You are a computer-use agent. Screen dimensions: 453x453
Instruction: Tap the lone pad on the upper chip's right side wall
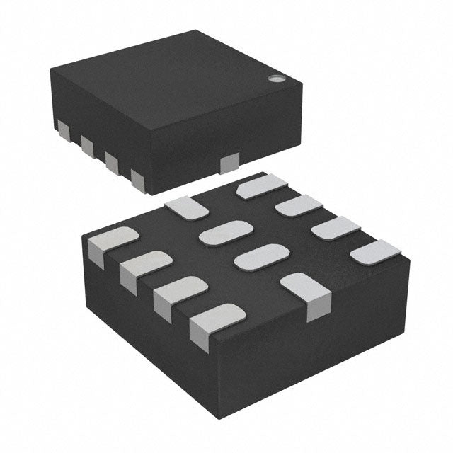[229, 165]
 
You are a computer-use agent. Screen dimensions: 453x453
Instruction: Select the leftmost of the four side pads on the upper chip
[64, 130]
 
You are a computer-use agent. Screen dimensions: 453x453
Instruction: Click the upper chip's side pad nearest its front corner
[137, 178]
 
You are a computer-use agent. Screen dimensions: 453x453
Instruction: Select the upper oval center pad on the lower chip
[225, 232]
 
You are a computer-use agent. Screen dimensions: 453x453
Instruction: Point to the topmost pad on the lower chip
[261, 186]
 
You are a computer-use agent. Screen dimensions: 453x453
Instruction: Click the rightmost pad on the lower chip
[375, 251]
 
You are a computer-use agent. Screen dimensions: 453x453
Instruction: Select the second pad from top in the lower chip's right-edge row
[298, 207]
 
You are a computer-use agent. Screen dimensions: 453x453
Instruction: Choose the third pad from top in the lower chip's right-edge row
[336, 229]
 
